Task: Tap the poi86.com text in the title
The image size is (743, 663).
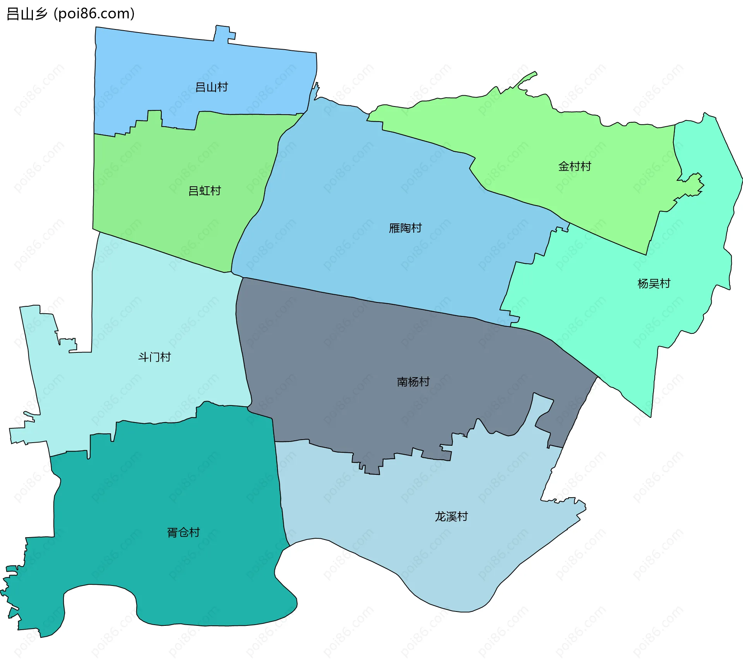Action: (x=94, y=14)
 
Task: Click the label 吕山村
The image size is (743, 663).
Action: (x=211, y=87)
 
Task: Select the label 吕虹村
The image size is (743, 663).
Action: (x=204, y=191)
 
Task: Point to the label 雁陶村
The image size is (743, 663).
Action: (x=405, y=228)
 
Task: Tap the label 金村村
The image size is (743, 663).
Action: (x=575, y=167)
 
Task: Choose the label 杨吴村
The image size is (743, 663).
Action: (x=654, y=283)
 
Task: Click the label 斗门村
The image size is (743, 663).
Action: (x=154, y=357)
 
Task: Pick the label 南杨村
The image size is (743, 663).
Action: (x=413, y=382)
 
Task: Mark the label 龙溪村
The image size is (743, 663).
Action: (x=451, y=516)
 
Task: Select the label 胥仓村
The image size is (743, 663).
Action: (x=183, y=532)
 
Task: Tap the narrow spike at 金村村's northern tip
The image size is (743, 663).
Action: (x=530, y=77)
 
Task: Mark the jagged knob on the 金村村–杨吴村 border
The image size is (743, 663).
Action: (x=695, y=184)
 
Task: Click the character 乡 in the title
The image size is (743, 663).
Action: (x=41, y=14)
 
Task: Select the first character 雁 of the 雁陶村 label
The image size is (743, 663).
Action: (x=394, y=228)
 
